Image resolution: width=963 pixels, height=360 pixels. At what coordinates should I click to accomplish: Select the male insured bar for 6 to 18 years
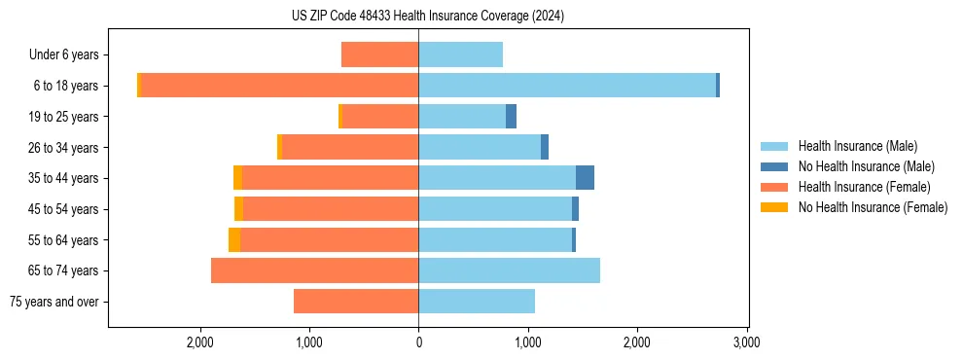click(x=567, y=86)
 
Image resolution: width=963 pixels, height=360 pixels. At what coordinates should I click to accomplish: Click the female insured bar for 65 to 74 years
click(x=314, y=270)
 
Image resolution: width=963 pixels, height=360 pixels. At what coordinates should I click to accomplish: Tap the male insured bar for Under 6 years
click(x=460, y=54)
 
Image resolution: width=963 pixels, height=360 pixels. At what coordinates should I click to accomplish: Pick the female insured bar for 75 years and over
click(x=356, y=302)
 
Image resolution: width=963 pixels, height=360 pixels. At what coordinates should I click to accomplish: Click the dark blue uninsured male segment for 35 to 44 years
click(x=585, y=178)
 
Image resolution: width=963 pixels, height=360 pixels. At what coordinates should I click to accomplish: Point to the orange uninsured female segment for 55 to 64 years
click(x=234, y=239)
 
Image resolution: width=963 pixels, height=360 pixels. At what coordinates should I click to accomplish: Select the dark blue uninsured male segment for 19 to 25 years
click(x=511, y=117)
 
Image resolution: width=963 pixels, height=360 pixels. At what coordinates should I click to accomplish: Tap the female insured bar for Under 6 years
click(x=379, y=54)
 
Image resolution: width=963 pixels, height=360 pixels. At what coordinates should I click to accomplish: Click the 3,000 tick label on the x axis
click(x=746, y=342)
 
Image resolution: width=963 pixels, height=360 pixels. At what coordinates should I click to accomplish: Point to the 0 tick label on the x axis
click(x=418, y=342)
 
